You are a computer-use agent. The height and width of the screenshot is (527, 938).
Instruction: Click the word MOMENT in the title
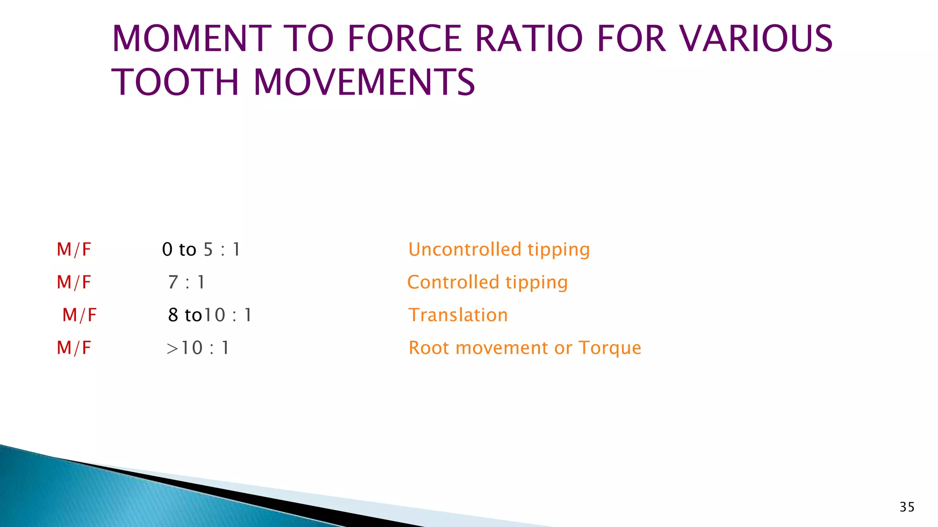(x=192, y=39)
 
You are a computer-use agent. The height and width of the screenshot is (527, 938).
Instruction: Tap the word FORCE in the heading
(x=404, y=39)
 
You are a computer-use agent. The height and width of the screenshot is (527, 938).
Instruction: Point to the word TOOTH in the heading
(x=175, y=83)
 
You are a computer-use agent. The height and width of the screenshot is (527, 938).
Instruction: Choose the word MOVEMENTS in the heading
(x=364, y=83)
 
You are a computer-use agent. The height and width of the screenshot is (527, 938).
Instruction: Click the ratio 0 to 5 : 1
(x=201, y=250)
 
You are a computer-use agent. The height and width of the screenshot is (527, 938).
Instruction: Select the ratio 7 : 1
(x=186, y=283)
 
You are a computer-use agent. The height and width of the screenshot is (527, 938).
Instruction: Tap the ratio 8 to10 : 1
(x=210, y=315)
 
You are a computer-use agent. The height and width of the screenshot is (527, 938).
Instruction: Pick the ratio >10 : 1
(x=197, y=348)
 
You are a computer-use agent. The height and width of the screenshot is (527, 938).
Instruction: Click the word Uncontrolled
(x=464, y=250)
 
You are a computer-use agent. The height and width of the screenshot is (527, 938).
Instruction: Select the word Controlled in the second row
(x=453, y=282)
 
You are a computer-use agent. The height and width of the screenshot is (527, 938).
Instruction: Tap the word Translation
(x=458, y=315)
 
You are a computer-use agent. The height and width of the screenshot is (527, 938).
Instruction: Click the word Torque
(x=610, y=348)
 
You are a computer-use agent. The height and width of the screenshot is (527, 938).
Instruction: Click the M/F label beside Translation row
(x=79, y=315)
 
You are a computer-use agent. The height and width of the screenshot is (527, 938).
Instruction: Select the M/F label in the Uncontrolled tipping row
(x=74, y=250)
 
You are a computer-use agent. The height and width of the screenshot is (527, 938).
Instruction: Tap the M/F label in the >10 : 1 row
(x=74, y=348)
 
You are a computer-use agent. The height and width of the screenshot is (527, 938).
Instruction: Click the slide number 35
(x=907, y=507)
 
